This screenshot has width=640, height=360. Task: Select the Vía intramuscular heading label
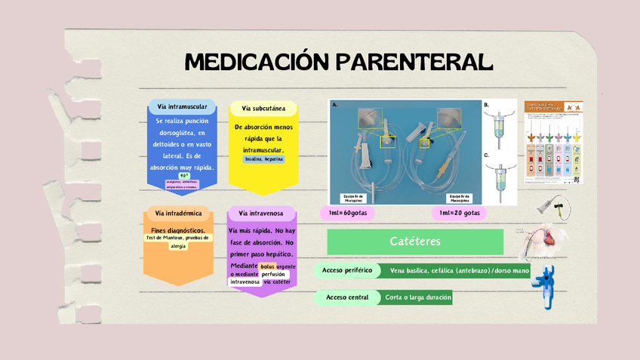182,106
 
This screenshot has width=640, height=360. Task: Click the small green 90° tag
183,175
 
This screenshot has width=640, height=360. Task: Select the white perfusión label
273,274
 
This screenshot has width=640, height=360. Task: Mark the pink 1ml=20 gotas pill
459,213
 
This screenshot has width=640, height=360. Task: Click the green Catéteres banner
415,242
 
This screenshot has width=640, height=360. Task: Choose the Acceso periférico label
346,270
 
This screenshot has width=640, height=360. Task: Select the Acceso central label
346,297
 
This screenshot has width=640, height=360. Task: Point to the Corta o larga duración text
417,297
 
